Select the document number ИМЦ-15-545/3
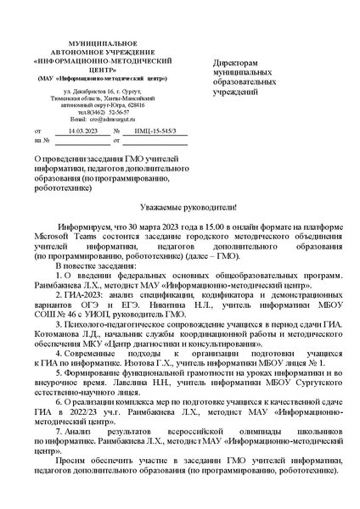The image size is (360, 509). pos(155,132)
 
